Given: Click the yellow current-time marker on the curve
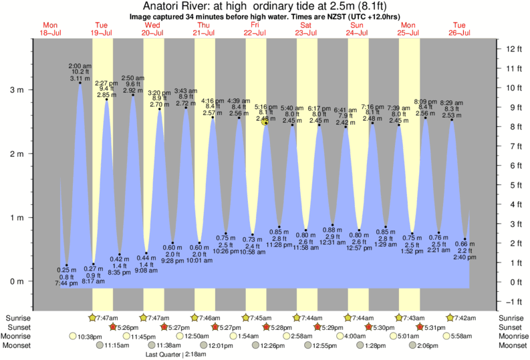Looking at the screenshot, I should [265, 122].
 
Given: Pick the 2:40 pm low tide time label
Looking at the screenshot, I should [466, 256].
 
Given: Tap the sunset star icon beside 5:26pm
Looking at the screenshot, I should [113, 327].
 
